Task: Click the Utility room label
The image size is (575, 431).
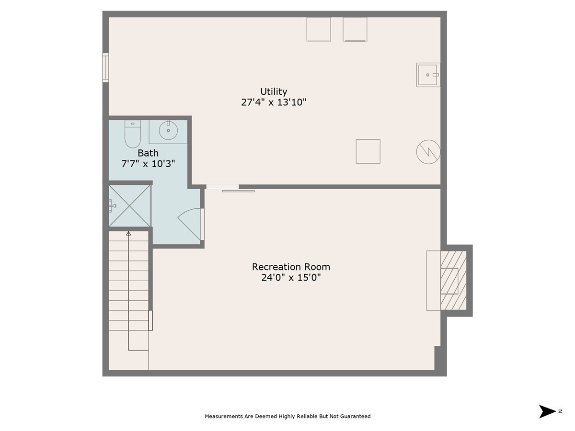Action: point(274,91)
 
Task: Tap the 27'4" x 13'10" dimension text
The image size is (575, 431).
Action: point(274,102)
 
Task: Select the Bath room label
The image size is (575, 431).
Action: point(148,153)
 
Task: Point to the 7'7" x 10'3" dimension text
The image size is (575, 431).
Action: point(148,163)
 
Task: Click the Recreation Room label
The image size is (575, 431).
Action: point(291,267)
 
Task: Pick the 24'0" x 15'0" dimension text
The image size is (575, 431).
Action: point(291,277)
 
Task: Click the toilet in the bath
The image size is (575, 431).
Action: point(132,134)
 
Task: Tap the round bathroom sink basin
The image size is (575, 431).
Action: point(168,130)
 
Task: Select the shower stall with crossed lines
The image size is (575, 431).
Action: point(130,206)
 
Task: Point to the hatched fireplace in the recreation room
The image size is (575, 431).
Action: point(452,280)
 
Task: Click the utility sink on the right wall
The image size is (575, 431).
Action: point(428,75)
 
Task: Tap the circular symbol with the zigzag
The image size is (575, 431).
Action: point(428,152)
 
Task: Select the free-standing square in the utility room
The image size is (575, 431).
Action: point(368,151)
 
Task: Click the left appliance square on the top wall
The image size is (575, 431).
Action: point(319,29)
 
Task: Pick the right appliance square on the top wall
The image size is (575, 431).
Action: point(355,29)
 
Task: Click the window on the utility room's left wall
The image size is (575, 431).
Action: point(105,68)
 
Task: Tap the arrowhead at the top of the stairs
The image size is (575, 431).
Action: point(128,234)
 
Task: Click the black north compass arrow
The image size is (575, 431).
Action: point(547,411)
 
